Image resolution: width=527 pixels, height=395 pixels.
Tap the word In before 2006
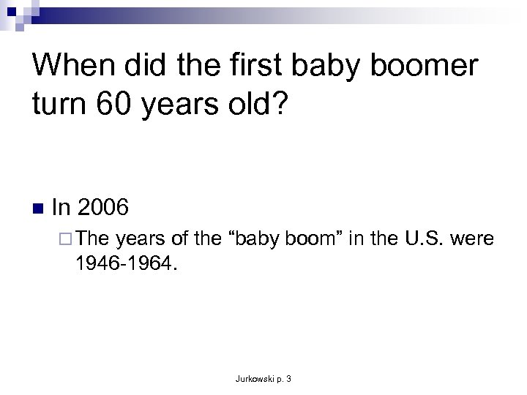(61, 208)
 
